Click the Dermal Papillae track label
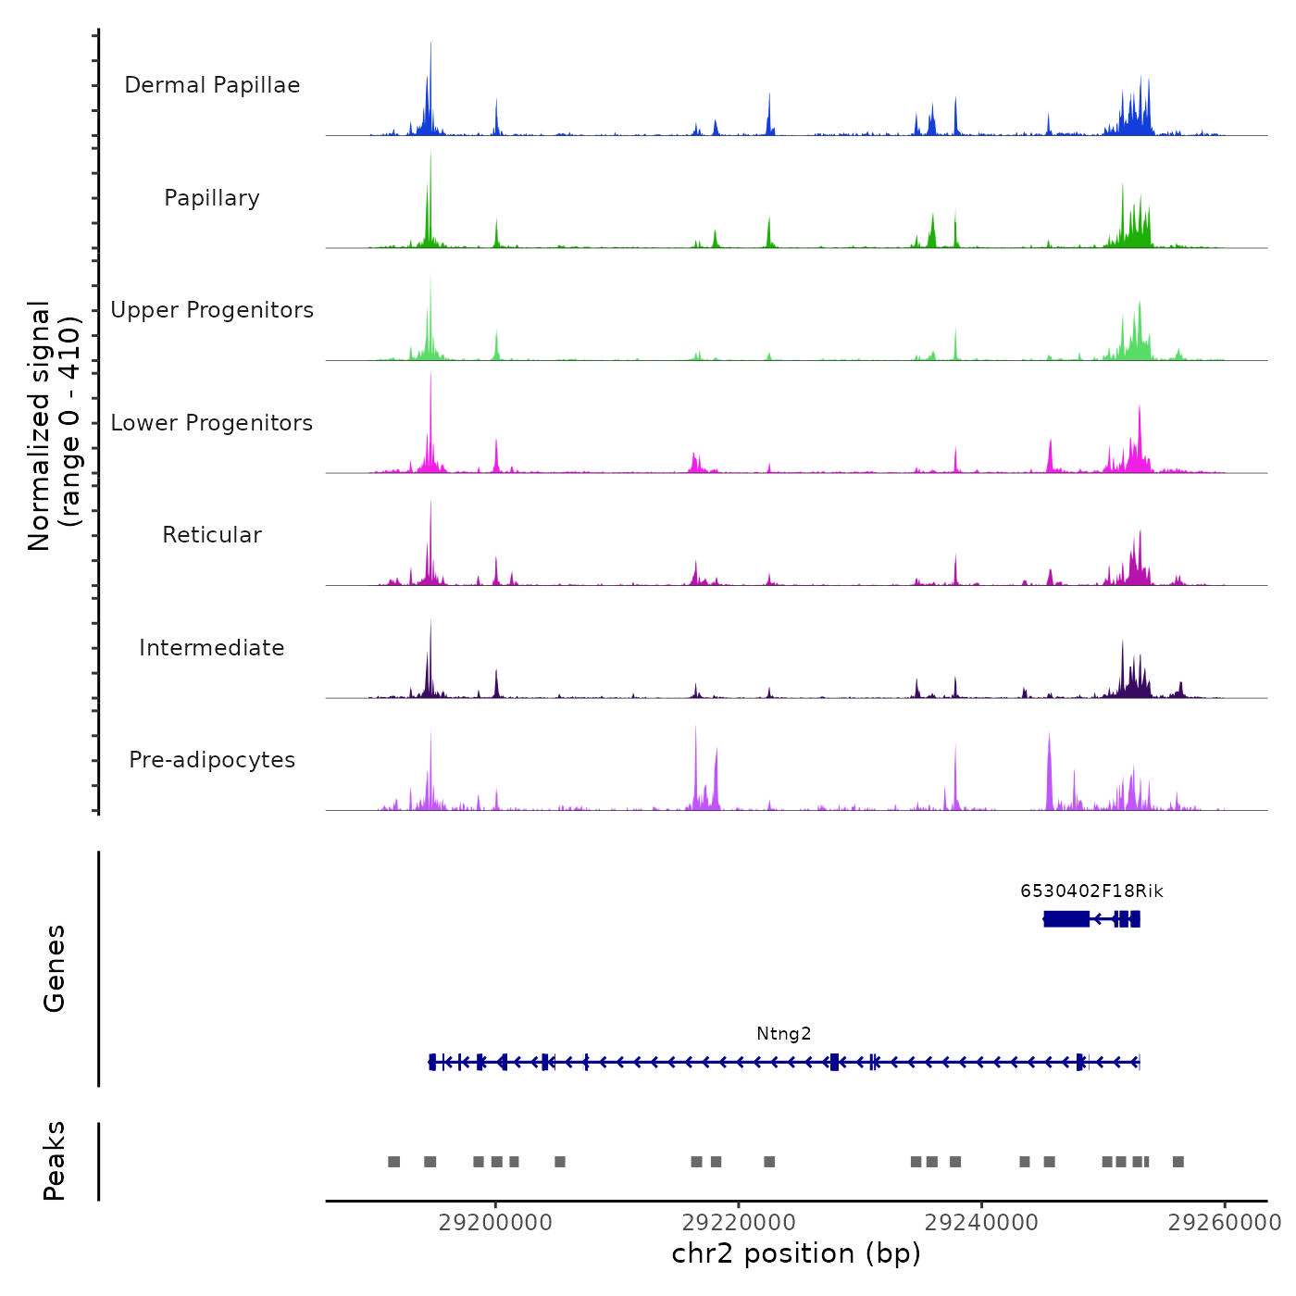pos(212,85)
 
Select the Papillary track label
pos(212,198)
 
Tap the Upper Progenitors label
pos(212,310)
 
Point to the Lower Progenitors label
pos(212,423)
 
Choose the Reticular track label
pos(212,535)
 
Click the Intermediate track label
pos(212,648)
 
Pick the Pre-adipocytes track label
pos(212,760)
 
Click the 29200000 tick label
pos(495,1222)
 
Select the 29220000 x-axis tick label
pos(739,1222)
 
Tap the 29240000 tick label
pos(981,1222)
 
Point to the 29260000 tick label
pos(1224,1222)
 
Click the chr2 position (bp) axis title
pos(796,1253)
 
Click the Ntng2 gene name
pos(784,1034)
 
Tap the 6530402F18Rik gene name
pos(1091,891)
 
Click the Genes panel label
pos(55,968)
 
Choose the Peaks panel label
pos(55,1161)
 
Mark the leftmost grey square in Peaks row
pos(394,1162)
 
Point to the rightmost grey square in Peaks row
pos(1178,1162)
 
